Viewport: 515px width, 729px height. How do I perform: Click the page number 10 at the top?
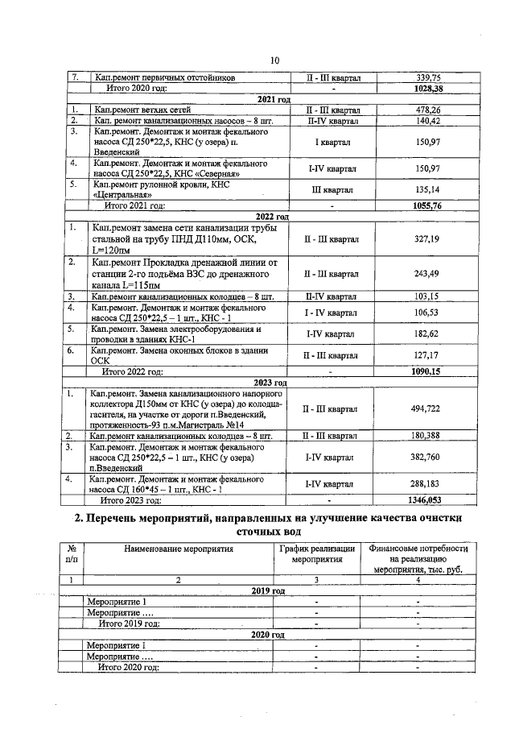point(274,60)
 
